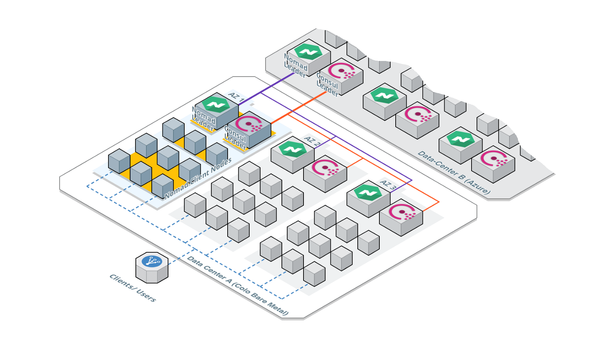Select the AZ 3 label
[x=388, y=185]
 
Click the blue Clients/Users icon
[x=152, y=261]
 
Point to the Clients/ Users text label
[x=132, y=288]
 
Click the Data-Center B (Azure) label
[x=454, y=173]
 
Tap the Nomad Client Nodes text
[x=198, y=178]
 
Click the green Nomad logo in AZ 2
[x=292, y=148]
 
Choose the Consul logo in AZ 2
[x=325, y=168]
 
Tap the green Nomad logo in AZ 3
[x=368, y=192]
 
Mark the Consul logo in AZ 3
[x=401, y=212]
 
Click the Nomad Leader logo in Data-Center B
[x=308, y=52]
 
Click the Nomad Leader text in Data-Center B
[x=296, y=65]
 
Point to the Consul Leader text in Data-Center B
[x=327, y=85]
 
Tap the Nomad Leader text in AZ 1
[x=203, y=118]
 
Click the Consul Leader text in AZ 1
[x=236, y=137]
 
